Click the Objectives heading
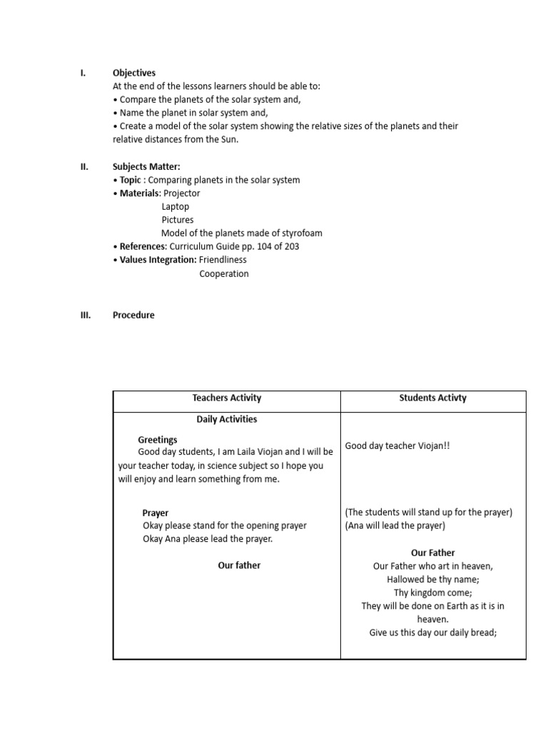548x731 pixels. click(x=134, y=73)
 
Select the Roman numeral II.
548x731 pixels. click(x=83, y=167)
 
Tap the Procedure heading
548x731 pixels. click(x=133, y=315)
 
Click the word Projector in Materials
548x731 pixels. click(x=182, y=193)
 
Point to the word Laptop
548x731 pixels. click(x=176, y=207)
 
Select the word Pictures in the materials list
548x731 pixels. click(x=177, y=220)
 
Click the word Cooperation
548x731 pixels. click(x=224, y=273)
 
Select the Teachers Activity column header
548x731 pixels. click(x=227, y=398)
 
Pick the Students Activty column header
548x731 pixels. click(x=432, y=398)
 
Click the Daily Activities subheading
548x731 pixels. click(x=227, y=419)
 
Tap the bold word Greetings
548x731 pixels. click(x=158, y=440)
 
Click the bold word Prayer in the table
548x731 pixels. click(x=156, y=513)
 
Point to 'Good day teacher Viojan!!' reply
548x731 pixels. click(x=397, y=446)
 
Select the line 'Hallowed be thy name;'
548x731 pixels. click(x=433, y=579)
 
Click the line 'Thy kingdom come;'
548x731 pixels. click(x=433, y=593)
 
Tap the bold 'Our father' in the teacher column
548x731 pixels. click(x=239, y=565)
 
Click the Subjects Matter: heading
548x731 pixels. click(x=141, y=167)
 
